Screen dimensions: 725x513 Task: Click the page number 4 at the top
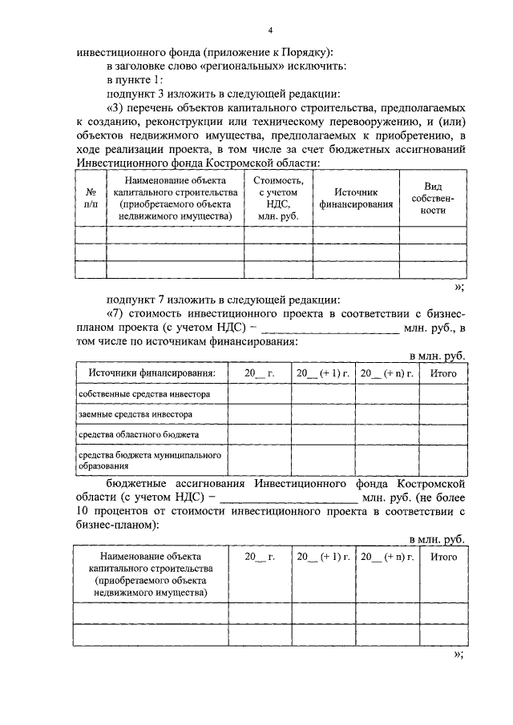[271, 30]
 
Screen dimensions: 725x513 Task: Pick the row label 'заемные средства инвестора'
[128, 415]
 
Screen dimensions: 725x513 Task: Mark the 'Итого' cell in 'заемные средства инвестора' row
[443, 415]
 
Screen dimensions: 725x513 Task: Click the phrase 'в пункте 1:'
[135, 80]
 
